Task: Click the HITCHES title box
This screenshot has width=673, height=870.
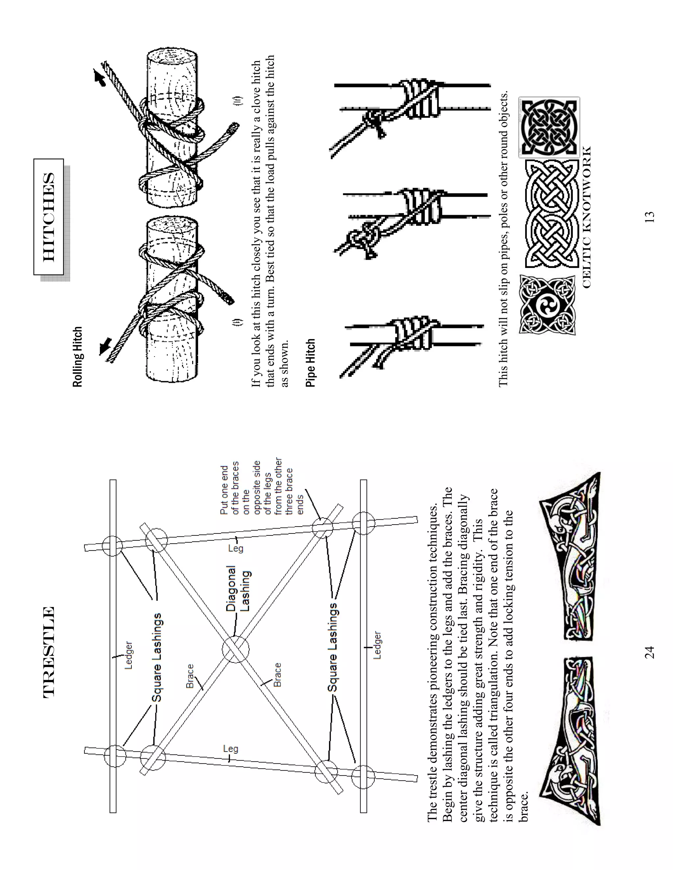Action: [49, 217]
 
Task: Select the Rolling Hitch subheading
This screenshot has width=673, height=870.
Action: [78, 357]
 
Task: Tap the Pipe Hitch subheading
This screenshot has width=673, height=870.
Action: [311, 362]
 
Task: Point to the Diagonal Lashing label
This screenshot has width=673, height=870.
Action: [239, 588]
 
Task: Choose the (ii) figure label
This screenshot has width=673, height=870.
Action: [238, 99]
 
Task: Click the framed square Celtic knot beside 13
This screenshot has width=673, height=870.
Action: [549, 127]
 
